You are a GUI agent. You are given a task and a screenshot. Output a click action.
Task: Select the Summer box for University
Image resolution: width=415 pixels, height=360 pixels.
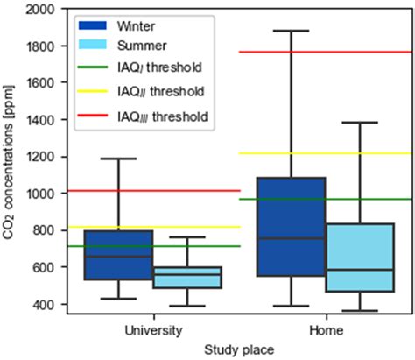point(187,278)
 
